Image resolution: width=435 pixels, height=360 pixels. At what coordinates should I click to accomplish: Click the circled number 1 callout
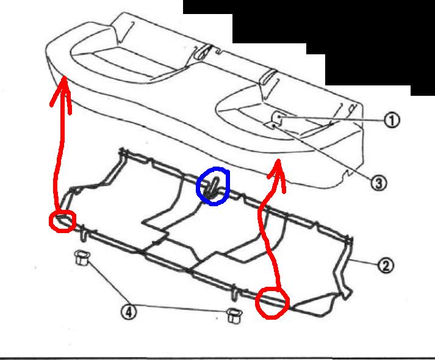point(392,120)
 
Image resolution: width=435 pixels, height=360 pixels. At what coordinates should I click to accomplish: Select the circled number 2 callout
point(386,265)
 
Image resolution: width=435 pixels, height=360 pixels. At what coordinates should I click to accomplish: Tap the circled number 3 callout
point(378,183)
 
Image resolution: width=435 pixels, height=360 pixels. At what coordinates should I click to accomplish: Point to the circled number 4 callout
point(129,312)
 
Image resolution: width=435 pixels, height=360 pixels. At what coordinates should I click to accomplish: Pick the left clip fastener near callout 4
point(82,257)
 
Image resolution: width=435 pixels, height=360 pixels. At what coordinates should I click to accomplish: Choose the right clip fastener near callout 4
point(234,315)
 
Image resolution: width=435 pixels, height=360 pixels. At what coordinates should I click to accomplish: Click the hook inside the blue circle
point(212,188)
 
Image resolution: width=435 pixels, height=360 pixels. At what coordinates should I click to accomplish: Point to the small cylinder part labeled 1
point(276,117)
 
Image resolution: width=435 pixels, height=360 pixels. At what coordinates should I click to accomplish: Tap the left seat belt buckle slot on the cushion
point(203,52)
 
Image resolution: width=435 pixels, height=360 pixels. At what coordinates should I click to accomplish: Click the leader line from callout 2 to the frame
point(363,262)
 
